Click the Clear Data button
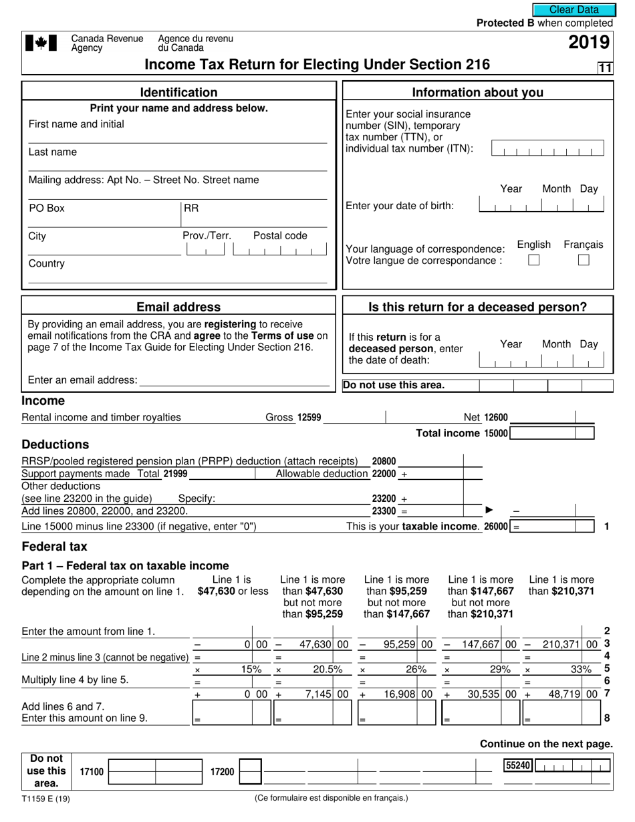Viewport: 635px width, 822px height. (x=574, y=9)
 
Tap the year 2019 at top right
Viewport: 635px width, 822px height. (x=589, y=43)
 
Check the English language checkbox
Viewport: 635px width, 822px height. (x=533, y=261)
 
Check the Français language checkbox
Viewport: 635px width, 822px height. (x=584, y=261)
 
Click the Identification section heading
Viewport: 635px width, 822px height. (x=178, y=92)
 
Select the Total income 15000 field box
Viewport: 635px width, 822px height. (x=551, y=433)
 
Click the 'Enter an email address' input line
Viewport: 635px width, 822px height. (x=234, y=380)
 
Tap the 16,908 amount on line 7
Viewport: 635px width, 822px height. (x=400, y=694)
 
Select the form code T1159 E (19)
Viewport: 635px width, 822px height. (x=45, y=798)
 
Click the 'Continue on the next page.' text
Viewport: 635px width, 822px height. (x=546, y=744)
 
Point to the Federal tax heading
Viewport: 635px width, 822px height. (x=55, y=546)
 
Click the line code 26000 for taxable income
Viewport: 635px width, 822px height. (x=495, y=526)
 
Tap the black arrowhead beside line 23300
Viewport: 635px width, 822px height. (x=489, y=511)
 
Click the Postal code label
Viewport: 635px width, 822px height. (x=280, y=235)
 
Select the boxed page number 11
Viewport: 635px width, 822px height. (x=605, y=67)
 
